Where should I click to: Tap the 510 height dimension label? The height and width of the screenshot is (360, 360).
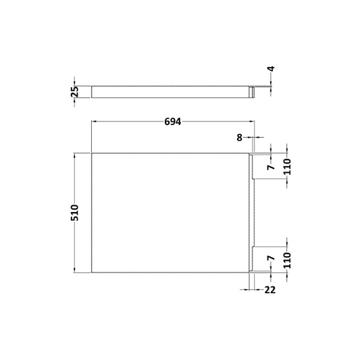coord(76,213)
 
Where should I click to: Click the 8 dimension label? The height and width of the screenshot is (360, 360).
coord(239,137)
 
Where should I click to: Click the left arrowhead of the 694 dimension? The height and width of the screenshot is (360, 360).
coord(94,121)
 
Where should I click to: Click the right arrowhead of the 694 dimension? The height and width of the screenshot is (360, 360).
coord(253,121)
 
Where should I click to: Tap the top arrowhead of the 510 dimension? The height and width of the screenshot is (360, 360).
coord(76,155)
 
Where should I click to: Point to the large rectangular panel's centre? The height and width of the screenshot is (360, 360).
coord(170,213)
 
